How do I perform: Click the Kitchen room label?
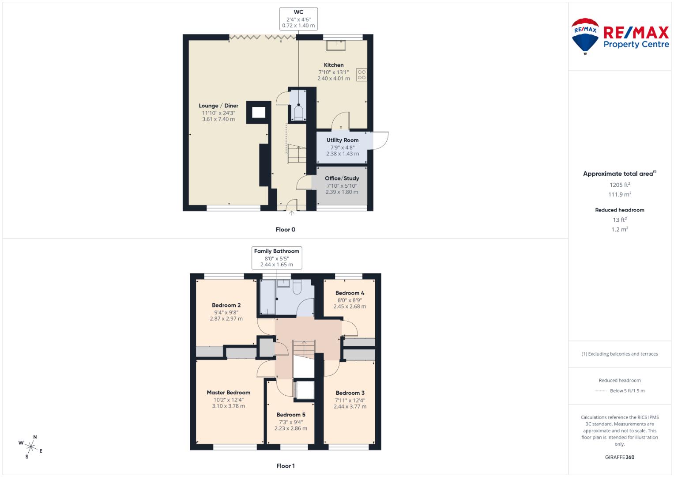pyautogui.click(x=334, y=65)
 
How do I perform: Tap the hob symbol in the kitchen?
pyautogui.click(x=361, y=75)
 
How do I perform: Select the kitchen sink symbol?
pyautogui.click(x=335, y=45)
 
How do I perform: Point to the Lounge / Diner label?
pyautogui.click(x=218, y=106)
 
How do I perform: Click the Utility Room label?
pyautogui.click(x=343, y=140)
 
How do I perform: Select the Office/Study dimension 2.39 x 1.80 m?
pyautogui.click(x=342, y=192)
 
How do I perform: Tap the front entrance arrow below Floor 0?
pyautogui.click(x=291, y=213)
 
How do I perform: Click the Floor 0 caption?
pyautogui.click(x=286, y=229)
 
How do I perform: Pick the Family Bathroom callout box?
pyautogui.click(x=277, y=257)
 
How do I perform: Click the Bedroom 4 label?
pyautogui.click(x=350, y=293)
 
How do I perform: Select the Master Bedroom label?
pyautogui.click(x=228, y=392)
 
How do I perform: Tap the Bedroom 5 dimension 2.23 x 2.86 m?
pyautogui.click(x=291, y=428)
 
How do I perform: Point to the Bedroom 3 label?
pyautogui.click(x=350, y=393)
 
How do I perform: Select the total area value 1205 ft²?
pyautogui.click(x=620, y=185)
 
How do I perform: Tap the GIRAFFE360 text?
pyautogui.click(x=620, y=457)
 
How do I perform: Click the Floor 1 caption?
pyautogui.click(x=286, y=466)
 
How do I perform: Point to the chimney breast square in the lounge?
pyautogui.click(x=259, y=113)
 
